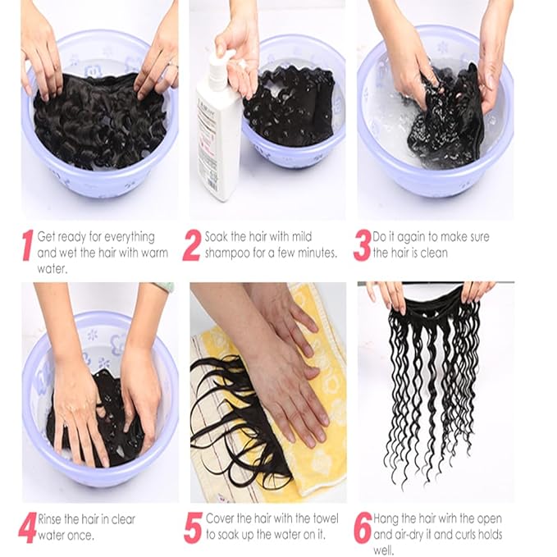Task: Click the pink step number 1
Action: [27, 245]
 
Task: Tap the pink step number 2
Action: [192, 245]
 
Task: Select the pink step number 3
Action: [362, 245]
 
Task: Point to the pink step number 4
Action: [27, 527]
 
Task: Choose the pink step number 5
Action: [193, 527]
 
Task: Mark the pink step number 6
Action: [363, 527]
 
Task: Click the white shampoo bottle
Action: [218, 139]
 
